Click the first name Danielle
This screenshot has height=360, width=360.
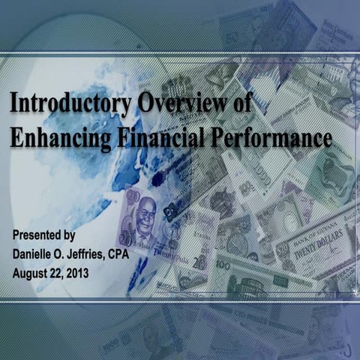pyautogui.click(x=38, y=255)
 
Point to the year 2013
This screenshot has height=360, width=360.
pyautogui.click(x=77, y=274)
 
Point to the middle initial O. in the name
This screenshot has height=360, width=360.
pyautogui.click(x=82, y=255)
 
